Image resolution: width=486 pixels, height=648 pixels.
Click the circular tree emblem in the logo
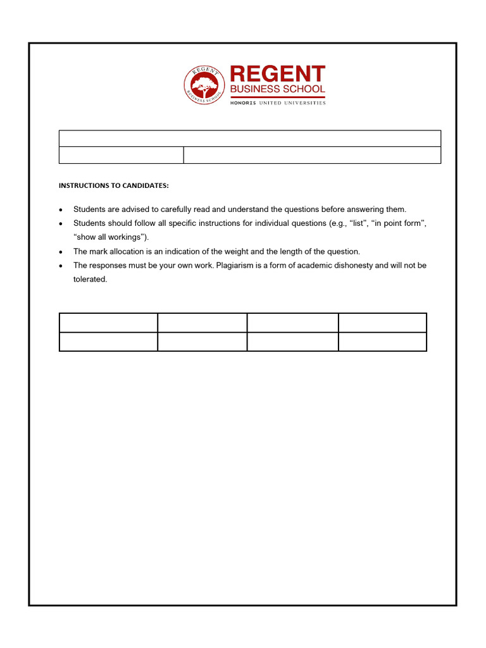pos(204,85)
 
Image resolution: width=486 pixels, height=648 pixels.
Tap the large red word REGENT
pos(277,74)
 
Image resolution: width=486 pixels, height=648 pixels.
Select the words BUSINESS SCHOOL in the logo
pos(277,90)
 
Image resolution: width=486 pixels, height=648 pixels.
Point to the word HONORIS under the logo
pos(242,103)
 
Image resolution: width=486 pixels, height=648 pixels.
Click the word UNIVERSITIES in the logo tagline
pos(306,103)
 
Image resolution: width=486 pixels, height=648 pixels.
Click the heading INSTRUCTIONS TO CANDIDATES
pos(113,185)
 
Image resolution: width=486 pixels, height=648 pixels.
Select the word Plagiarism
pos(236,265)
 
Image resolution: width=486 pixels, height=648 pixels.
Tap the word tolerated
pos(90,279)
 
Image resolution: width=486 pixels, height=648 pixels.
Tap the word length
pos(279,251)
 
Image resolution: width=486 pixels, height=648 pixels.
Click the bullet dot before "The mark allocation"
pos(61,252)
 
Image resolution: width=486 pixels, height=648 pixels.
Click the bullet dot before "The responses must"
pos(61,266)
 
